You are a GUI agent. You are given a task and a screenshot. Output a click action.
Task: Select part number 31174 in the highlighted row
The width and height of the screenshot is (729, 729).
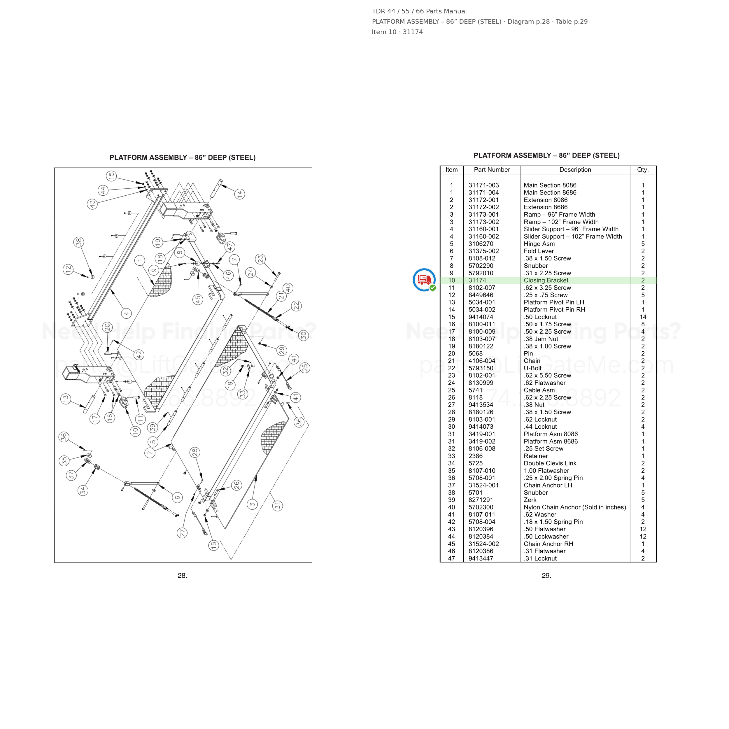click(477, 280)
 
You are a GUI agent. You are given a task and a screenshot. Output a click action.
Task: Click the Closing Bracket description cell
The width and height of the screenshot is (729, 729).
click(546, 280)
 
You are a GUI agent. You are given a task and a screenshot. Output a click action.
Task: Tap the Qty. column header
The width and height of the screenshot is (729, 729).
click(643, 170)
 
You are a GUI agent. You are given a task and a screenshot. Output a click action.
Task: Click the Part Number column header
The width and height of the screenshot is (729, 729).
click(492, 170)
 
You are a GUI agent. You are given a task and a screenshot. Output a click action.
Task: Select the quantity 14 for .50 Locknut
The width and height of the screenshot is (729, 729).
click(643, 317)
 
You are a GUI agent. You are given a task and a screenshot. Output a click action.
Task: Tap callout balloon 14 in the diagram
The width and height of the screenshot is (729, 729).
click(240, 194)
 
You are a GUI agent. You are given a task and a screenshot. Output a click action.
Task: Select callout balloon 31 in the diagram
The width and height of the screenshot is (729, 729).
click(277, 506)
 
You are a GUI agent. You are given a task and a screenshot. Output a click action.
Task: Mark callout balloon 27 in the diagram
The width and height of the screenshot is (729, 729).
click(182, 533)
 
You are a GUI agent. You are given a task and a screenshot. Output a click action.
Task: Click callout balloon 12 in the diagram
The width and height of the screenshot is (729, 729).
click(68, 269)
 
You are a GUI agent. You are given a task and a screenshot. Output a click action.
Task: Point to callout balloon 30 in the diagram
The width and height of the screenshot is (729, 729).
click(303, 335)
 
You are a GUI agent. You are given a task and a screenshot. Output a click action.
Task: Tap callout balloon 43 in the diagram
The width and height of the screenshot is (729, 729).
click(92, 204)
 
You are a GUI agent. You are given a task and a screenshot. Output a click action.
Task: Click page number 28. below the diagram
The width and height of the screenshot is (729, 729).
click(182, 575)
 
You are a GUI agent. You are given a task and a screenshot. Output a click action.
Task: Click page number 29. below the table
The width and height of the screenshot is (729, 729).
click(546, 575)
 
